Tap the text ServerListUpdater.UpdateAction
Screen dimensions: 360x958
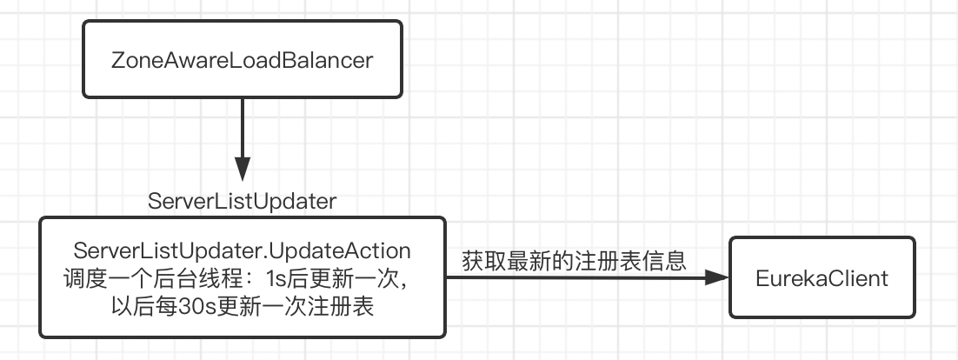tap(243, 251)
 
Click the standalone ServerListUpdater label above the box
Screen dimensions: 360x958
tap(243, 201)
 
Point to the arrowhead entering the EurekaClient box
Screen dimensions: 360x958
tap(718, 277)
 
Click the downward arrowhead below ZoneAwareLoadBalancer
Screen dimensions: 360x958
tap(243, 169)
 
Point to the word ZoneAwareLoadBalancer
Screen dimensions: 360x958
tap(243, 60)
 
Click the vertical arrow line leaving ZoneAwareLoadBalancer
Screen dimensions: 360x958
tap(243, 126)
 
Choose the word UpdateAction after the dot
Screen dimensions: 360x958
tap(337, 251)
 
